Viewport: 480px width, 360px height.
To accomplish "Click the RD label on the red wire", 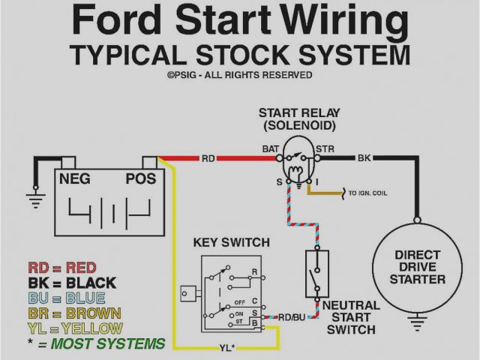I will (x=208, y=158).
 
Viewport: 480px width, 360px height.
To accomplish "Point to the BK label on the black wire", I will (x=364, y=158).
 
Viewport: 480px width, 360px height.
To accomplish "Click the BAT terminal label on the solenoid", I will (x=270, y=149).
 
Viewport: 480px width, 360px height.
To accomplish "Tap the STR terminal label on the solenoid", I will (x=325, y=149).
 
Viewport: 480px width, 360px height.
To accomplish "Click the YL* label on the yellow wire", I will (x=228, y=347).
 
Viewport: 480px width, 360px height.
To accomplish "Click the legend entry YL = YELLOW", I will (x=75, y=328).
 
